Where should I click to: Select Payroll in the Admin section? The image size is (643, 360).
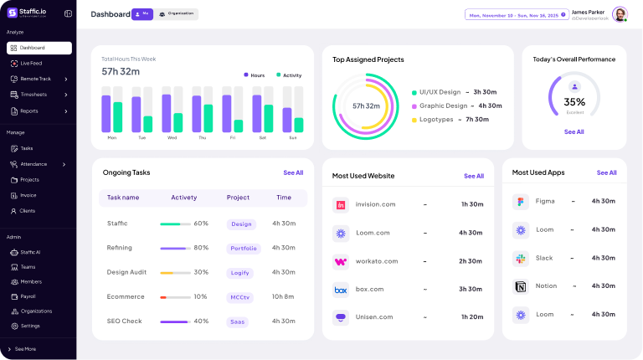28,296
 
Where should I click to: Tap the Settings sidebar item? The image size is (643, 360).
29,326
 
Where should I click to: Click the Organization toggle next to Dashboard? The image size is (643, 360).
177,14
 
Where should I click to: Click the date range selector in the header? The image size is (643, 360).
516,15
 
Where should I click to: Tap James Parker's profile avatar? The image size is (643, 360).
620,14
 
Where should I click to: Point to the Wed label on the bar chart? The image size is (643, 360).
172,137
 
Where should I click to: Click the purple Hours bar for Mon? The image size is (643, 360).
106,113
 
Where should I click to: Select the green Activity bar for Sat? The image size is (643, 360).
269,118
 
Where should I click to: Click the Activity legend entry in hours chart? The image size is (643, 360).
289,75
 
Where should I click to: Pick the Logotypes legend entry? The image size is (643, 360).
436,120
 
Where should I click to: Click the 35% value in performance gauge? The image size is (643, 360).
574,102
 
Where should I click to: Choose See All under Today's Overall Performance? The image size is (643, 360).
574,132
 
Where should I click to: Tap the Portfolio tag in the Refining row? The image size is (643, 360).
244,249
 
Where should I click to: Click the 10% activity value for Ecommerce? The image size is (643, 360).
201,296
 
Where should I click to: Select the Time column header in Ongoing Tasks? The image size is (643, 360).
284,198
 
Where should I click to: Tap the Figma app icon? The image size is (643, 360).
520,202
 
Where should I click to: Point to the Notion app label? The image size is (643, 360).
546,285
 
